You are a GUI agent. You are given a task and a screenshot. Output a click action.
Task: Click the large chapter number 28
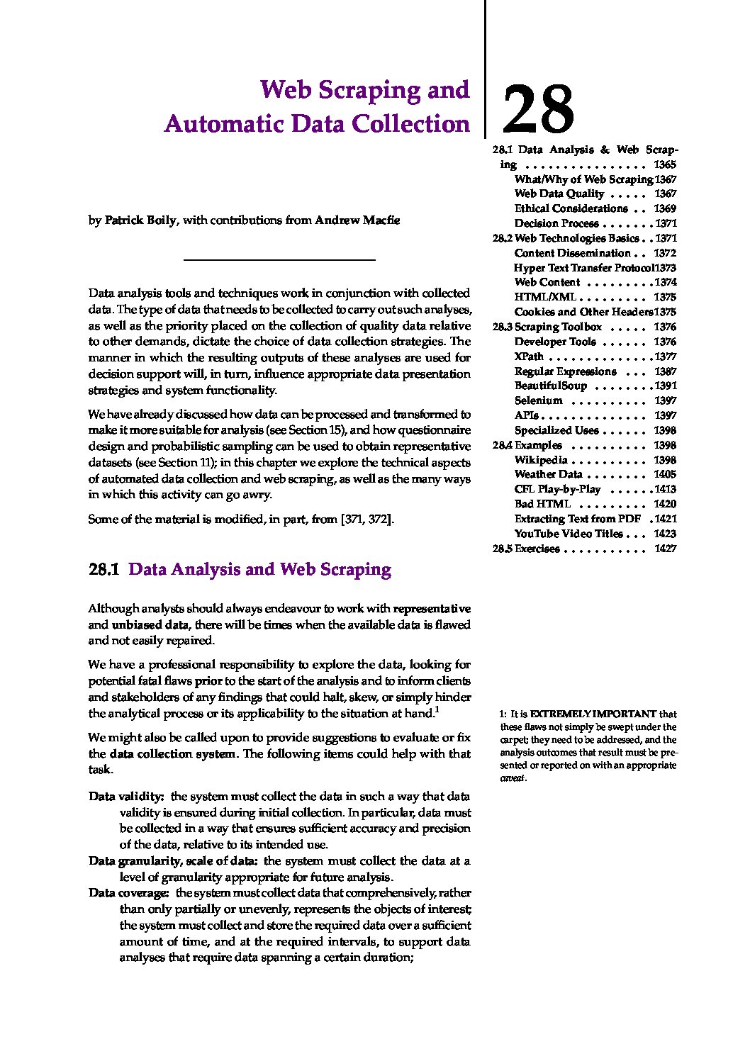point(537,109)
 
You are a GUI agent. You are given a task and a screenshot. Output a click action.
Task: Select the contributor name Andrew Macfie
point(357,220)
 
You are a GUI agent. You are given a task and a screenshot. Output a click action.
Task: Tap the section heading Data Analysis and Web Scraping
point(259,570)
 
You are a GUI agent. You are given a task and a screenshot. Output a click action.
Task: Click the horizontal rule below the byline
point(279,261)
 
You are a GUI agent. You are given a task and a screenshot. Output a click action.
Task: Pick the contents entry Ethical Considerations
point(571,208)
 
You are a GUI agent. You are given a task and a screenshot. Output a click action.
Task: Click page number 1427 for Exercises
point(665,549)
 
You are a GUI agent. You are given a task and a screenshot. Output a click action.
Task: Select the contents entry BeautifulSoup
point(550,386)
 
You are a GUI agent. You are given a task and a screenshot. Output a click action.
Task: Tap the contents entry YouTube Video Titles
point(569,534)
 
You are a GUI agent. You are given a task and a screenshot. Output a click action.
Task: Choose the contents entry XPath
point(529,357)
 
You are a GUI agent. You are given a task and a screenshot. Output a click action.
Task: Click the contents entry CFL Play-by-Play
point(557,489)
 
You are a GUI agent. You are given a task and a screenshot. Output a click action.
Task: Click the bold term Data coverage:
point(128,893)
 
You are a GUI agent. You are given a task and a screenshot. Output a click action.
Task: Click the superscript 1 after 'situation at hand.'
point(437,709)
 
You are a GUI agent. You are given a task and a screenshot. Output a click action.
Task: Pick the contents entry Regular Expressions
point(565,371)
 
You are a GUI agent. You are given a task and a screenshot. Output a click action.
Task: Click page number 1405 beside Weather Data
point(665,474)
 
